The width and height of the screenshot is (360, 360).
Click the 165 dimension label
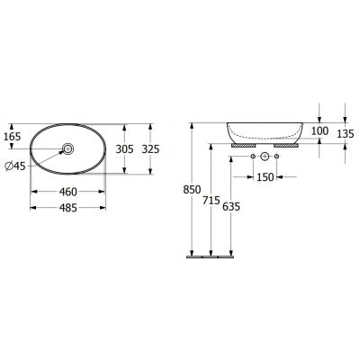tap(13, 137)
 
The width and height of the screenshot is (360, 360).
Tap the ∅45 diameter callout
tap(15, 166)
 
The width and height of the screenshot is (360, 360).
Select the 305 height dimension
tap(124, 148)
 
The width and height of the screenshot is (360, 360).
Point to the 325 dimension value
tap(150, 148)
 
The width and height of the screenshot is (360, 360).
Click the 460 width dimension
tap(68, 192)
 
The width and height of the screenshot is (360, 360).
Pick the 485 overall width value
tap(68, 208)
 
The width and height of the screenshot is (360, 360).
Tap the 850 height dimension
tap(192, 190)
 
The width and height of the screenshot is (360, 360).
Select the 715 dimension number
tap(211, 201)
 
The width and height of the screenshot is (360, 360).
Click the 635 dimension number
tap(231, 206)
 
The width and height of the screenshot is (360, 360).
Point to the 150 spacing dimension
tap(265, 177)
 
